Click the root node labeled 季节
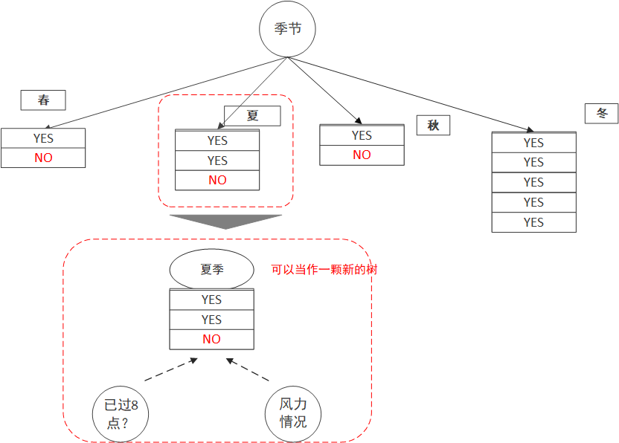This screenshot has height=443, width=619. (287, 30)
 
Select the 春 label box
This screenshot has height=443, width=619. (43, 100)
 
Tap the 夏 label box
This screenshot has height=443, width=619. (253, 116)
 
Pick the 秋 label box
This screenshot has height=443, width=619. (433, 125)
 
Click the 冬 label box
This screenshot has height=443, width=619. (601, 113)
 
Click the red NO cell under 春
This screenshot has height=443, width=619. (43, 158)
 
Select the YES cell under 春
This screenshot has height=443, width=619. (43, 138)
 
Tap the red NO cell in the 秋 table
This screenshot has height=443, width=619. (362, 155)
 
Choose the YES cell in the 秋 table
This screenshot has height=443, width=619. (362, 135)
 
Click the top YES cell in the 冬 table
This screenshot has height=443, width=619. (533, 143)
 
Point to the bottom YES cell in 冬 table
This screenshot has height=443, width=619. (533, 222)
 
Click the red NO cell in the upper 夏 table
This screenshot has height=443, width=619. (217, 180)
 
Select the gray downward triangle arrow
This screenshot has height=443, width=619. (225, 221)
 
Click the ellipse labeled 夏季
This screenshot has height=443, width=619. (211, 270)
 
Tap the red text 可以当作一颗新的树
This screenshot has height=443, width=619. (324, 270)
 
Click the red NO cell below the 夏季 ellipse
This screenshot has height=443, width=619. (211, 339)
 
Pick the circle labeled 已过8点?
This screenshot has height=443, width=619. (121, 413)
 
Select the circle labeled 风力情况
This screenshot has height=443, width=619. (292, 413)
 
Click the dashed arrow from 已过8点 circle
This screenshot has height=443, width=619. (171, 369)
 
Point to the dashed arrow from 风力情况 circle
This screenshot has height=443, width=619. (248, 370)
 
